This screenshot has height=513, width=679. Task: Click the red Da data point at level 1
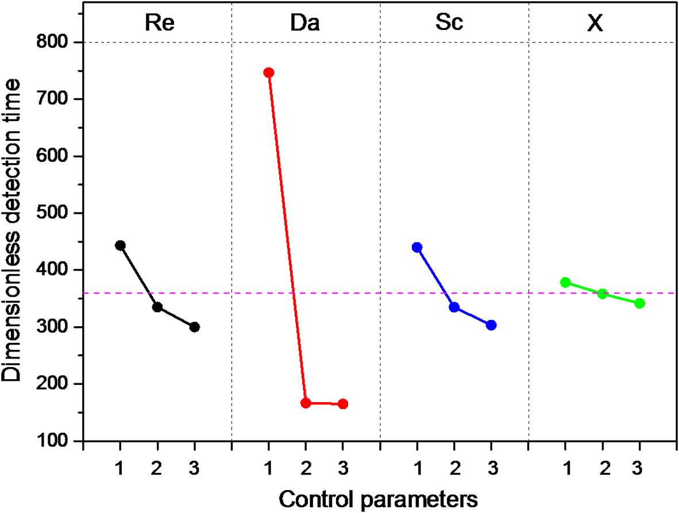(x=268, y=72)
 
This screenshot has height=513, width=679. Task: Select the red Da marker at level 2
(x=306, y=403)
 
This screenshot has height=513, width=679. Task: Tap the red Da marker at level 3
(x=343, y=404)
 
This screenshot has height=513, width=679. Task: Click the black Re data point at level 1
(x=120, y=245)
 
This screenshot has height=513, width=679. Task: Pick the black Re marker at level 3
(x=194, y=327)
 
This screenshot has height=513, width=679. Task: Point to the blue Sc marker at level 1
(x=417, y=247)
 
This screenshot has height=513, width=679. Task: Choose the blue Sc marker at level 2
(x=454, y=307)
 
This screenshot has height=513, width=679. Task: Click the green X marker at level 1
(x=565, y=282)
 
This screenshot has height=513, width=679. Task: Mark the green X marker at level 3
(x=639, y=303)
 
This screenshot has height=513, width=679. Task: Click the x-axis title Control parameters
(x=379, y=498)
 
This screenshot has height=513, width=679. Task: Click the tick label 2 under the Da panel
(x=306, y=470)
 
